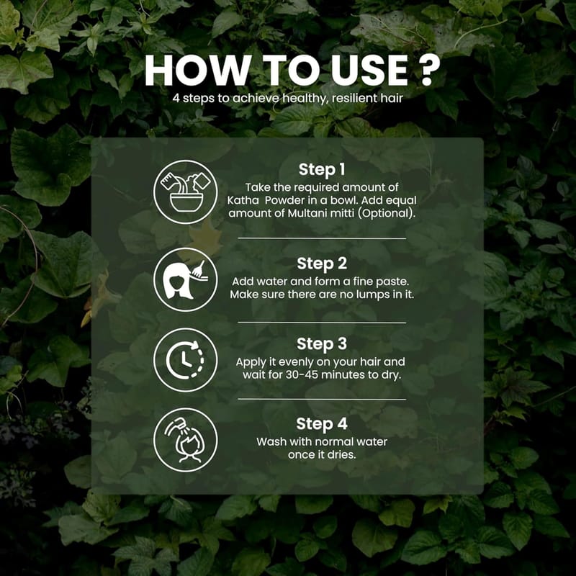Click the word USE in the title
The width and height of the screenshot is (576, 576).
point(369,70)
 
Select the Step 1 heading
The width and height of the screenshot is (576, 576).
point(322,169)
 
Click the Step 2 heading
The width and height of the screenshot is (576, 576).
point(322,264)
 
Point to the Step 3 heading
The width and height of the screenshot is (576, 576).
point(322,344)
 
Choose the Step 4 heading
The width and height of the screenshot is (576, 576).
point(322,424)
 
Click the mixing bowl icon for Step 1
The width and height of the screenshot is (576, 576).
point(186,192)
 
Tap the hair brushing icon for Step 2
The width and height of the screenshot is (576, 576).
point(186,279)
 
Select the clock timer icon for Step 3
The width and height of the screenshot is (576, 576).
point(186,360)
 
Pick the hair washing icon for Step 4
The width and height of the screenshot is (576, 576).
point(186,440)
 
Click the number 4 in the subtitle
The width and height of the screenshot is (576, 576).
point(176,99)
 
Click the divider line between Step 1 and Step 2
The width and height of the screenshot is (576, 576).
point(322,238)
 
